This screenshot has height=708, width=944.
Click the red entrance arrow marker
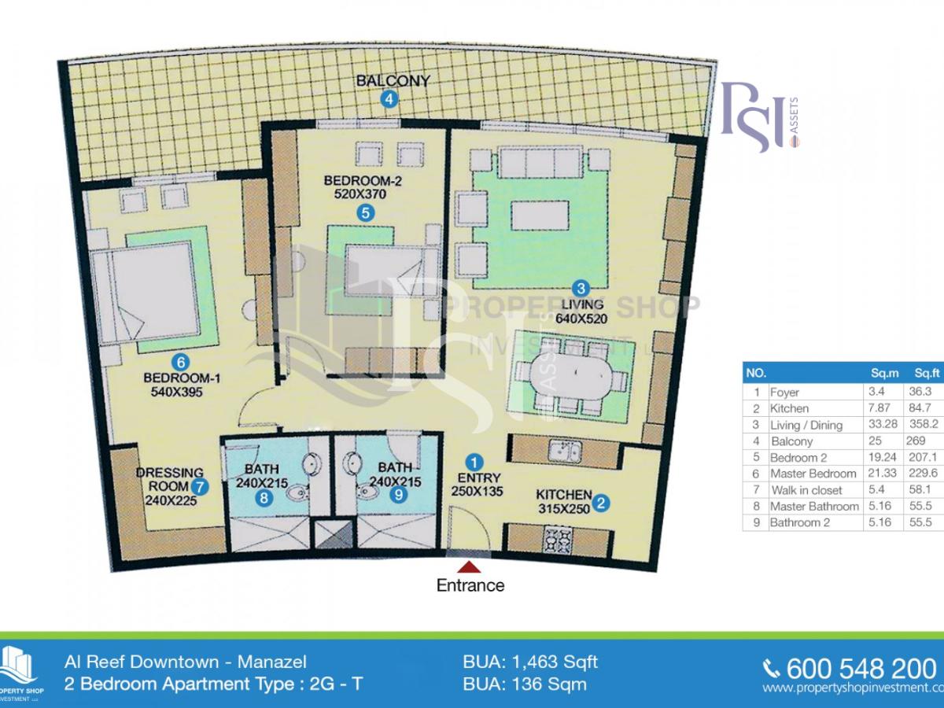click(x=470, y=566)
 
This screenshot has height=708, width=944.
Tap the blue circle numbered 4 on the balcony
click(x=389, y=99)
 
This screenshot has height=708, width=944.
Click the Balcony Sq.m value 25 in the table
click(x=874, y=441)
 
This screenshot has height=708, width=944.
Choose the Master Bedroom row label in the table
click(x=813, y=474)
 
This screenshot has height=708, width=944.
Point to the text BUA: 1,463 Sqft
click(x=532, y=662)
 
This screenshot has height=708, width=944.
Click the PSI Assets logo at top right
click(x=760, y=116)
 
